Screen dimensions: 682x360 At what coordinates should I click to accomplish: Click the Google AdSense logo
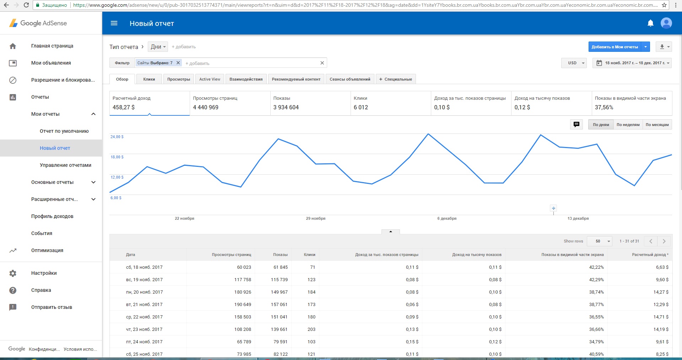[38, 23]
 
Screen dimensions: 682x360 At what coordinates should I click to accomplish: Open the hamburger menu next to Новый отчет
[114, 23]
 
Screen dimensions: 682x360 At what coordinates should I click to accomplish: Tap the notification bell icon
[650, 23]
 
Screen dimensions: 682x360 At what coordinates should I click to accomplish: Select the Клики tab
[149, 79]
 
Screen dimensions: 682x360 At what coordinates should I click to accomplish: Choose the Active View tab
[210, 79]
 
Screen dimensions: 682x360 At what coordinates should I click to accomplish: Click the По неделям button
[628, 125]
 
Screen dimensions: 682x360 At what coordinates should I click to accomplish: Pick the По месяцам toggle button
[657, 125]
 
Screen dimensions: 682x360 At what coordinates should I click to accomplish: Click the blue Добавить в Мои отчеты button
[615, 47]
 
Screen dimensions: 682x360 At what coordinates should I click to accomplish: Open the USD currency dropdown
[574, 63]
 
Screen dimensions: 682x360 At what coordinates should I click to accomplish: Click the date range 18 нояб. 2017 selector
[632, 63]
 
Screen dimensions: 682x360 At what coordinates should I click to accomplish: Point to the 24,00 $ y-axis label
[117, 137]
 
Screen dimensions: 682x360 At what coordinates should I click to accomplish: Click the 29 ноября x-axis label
[316, 218]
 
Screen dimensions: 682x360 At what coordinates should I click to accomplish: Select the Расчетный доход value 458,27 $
[124, 107]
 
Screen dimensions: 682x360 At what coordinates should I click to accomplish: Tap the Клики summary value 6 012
[361, 107]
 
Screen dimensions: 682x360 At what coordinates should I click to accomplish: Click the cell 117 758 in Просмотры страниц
[243, 280]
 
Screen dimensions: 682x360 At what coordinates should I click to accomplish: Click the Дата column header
[130, 255]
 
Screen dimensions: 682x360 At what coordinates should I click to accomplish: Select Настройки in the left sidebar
[44, 273]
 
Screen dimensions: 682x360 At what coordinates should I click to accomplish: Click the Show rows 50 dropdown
[600, 241]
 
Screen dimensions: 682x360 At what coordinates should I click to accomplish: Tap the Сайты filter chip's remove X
[178, 63]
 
